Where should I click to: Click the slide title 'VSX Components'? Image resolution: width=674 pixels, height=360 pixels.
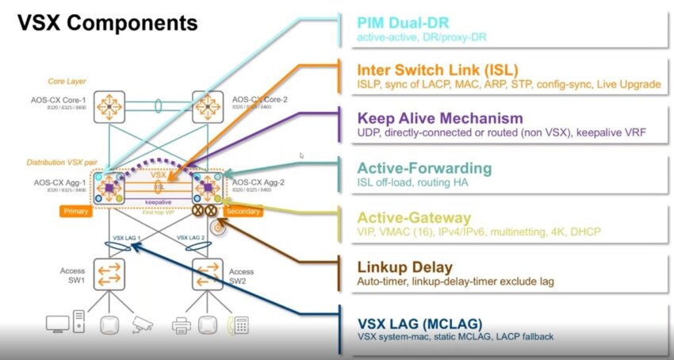coord(107,22)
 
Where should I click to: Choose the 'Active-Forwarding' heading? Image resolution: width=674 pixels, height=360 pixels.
coord(424,168)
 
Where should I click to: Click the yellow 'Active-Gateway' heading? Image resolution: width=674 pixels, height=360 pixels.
coord(414,217)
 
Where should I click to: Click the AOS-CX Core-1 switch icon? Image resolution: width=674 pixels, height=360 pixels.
coord(109,105)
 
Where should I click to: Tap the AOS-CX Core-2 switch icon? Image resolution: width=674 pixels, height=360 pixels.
coord(208,105)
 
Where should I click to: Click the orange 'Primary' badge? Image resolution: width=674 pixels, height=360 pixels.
coord(76,212)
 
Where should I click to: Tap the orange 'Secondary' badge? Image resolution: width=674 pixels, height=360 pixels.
coord(243,212)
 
